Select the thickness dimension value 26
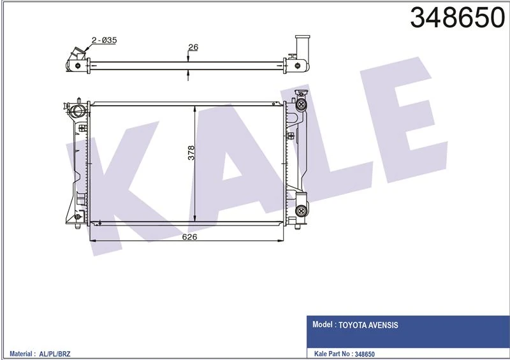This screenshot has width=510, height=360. (x=193, y=47)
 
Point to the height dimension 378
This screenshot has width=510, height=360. (x=191, y=153)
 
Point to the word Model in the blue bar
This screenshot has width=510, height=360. (x=324, y=325)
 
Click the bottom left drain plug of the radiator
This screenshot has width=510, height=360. (x=78, y=221)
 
